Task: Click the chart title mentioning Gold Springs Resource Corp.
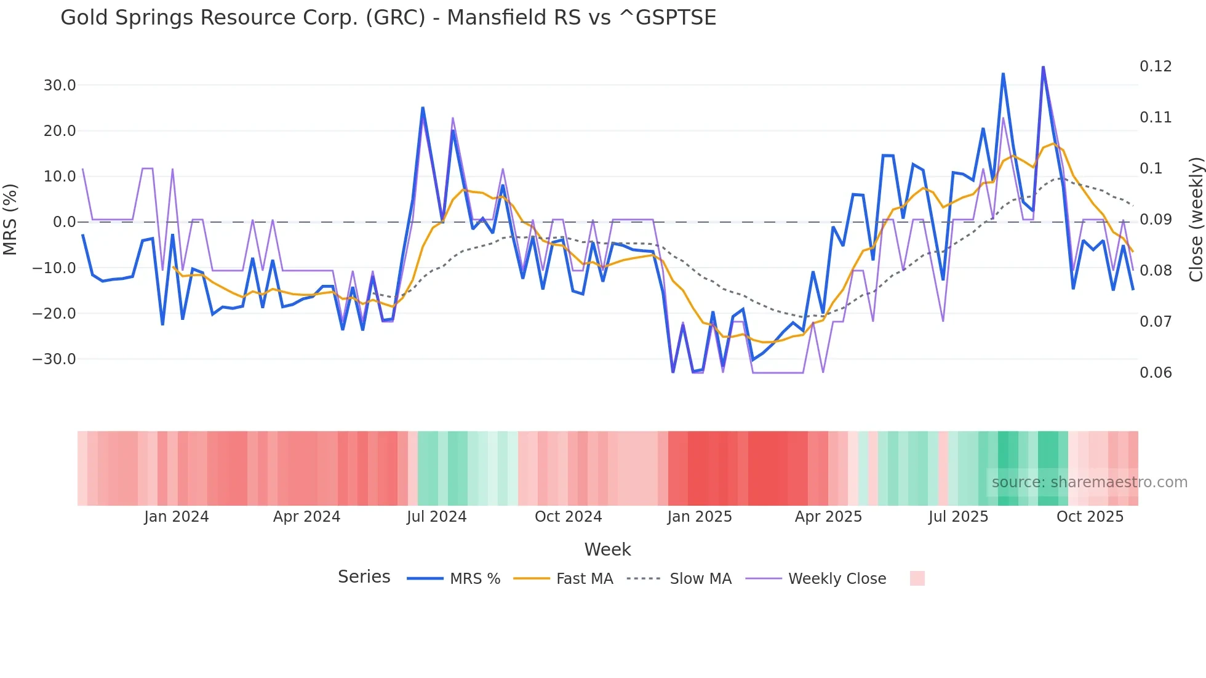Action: [x=388, y=18]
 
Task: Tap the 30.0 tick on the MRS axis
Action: [x=60, y=86]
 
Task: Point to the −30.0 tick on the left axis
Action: [x=54, y=359]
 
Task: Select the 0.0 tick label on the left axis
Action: [x=64, y=222]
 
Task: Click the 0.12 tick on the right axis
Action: [x=1156, y=66]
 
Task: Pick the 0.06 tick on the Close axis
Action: [x=1156, y=373]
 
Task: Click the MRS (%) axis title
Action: [x=10, y=220]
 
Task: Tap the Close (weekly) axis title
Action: [x=1196, y=220]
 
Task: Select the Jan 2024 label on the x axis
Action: [x=177, y=517]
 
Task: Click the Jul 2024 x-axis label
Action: [x=437, y=517]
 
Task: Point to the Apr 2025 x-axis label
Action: [x=828, y=517]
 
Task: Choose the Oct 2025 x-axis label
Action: [x=1090, y=517]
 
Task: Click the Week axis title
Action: [x=607, y=549]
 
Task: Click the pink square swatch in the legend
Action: [x=917, y=578]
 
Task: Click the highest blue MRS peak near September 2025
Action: [x=1043, y=67]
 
